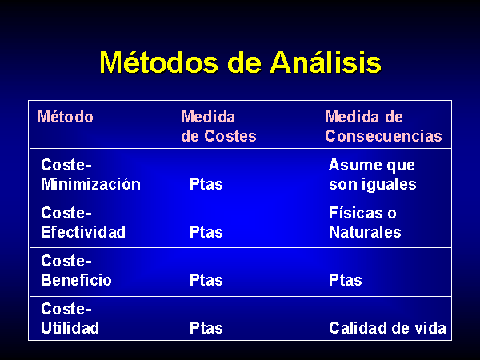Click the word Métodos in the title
tap(158, 62)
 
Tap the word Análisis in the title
tap(325, 62)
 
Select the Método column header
tap(65, 117)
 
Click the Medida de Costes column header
tap(218, 126)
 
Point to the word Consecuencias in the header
tap(383, 136)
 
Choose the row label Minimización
tap(90, 184)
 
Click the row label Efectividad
tap(83, 232)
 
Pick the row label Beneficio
tap(76, 280)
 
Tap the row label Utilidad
tap(70, 328)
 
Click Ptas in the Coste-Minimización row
tap(206, 184)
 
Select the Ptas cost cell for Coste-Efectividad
tap(206, 232)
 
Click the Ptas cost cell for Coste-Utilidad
tap(206, 328)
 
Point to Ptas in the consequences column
tap(346, 280)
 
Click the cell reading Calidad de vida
tap(387, 328)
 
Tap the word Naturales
tap(365, 232)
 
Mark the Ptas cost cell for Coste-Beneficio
tap(206, 280)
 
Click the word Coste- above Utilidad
tap(66, 309)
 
